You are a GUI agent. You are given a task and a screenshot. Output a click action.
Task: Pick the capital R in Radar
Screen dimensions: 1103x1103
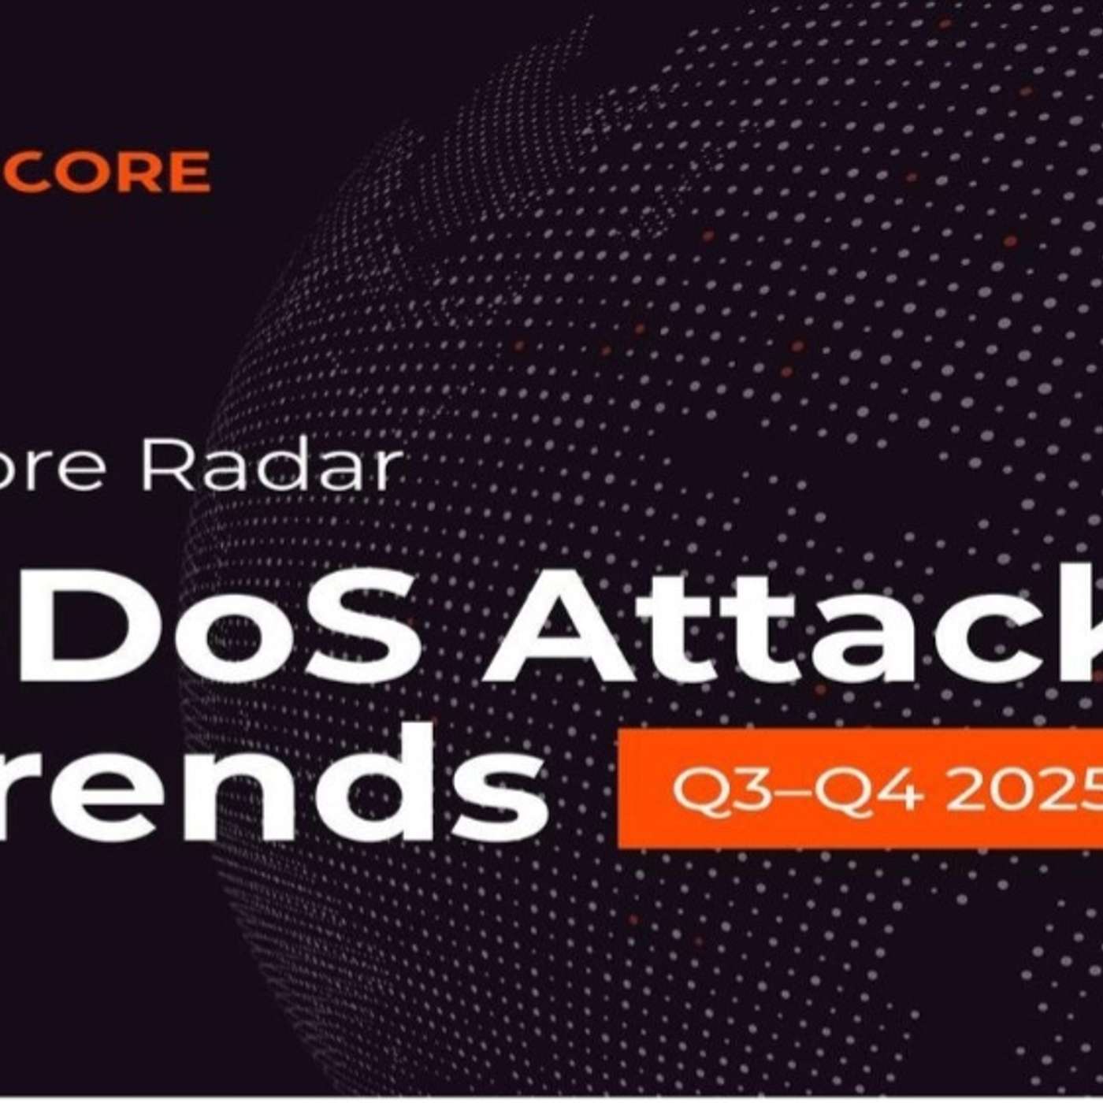click(161, 468)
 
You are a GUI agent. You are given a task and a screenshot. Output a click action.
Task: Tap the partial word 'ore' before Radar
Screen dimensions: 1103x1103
click(63, 471)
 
